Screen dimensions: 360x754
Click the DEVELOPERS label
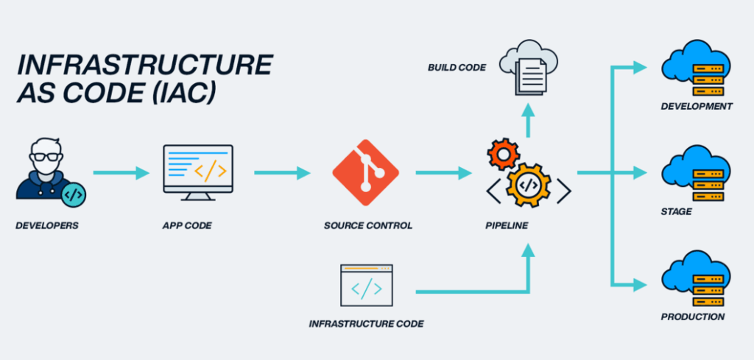tap(46, 225)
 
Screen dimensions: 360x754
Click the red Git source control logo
tap(365, 172)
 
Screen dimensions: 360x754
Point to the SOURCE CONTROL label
tap(367, 225)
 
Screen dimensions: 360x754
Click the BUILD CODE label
tap(457, 68)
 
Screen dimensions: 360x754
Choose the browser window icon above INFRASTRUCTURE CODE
tap(366, 285)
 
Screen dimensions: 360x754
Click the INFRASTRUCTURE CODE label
tap(366, 323)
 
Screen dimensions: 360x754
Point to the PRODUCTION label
tap(693, 317)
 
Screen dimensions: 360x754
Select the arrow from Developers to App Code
tap(120, 173)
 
